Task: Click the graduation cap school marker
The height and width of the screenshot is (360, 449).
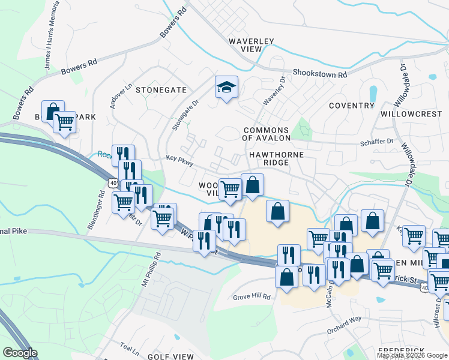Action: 227,88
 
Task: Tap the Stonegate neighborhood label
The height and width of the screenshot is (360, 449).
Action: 161,90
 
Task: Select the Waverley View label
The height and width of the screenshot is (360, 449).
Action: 252,46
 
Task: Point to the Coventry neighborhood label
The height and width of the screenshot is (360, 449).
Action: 352,106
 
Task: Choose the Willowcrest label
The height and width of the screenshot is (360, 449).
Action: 411,113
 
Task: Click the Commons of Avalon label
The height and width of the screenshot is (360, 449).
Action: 266,134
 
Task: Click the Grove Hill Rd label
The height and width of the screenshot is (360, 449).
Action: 252,297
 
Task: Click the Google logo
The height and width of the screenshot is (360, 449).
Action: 20,353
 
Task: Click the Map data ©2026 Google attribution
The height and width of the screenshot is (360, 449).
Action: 411,355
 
